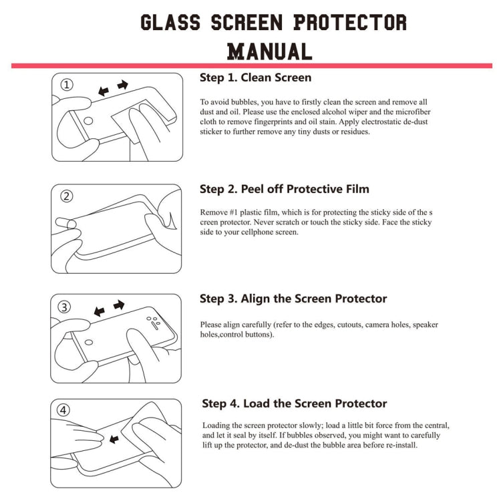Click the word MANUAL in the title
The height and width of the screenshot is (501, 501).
pyautogui.click(x=269, y=51)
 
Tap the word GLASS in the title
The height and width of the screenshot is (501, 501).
pyautogui.click(x=170, y=22)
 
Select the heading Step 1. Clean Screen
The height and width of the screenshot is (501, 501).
pyautogui.click(x=255, y=77)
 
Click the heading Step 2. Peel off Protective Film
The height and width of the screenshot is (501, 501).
pyautogui.click(x=284, y=189)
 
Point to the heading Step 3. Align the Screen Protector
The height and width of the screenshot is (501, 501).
pyautogui.click(x=293, y=299)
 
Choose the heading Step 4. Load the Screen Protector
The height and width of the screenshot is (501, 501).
pyautogui.click(x=295, y=403)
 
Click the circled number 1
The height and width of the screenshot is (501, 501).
pyautogui.click(x=67, y=85)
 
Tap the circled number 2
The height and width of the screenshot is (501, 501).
pyautogui.click(x=67, y=196)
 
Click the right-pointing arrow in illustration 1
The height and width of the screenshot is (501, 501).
pyautogui.click(x=122, y=86)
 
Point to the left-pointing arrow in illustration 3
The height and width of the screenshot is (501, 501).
pyautogui.click(x=100, y=311)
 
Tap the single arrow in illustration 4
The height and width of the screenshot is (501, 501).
pyautogui.click(x=114, y=440)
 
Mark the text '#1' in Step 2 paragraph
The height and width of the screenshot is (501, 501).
pyautogui.click(x=236, y=212)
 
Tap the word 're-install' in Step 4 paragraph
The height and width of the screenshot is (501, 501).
pyautogui.click(x=399, y=445)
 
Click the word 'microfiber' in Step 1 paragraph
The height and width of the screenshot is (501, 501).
pyautogui.click(x=408, y=112)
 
